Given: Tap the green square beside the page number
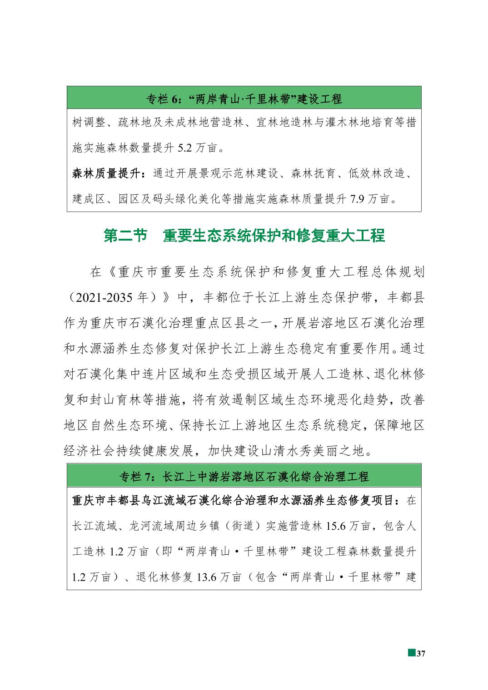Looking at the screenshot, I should point(411,653).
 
